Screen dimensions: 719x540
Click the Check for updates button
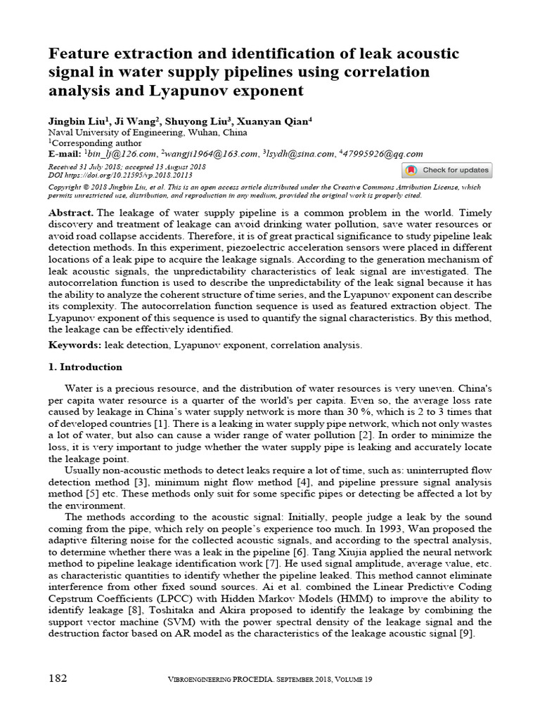point(446,170)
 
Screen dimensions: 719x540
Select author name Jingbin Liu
point(75,121)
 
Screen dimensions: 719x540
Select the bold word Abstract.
point(70,213)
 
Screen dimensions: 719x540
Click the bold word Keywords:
point(75,345)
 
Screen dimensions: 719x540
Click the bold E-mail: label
point(65,154)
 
